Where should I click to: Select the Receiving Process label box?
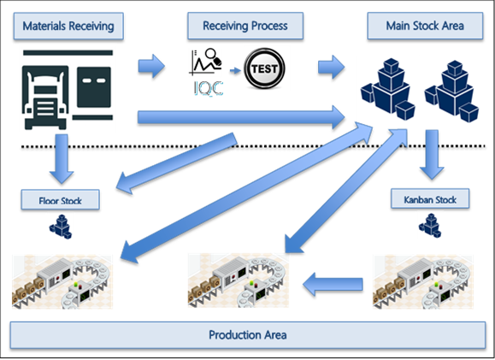(245, 27)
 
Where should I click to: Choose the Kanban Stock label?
(429, 200)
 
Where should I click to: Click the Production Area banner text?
(246, 333)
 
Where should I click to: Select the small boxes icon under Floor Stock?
(60, 226)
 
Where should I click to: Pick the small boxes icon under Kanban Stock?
(429, 224)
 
